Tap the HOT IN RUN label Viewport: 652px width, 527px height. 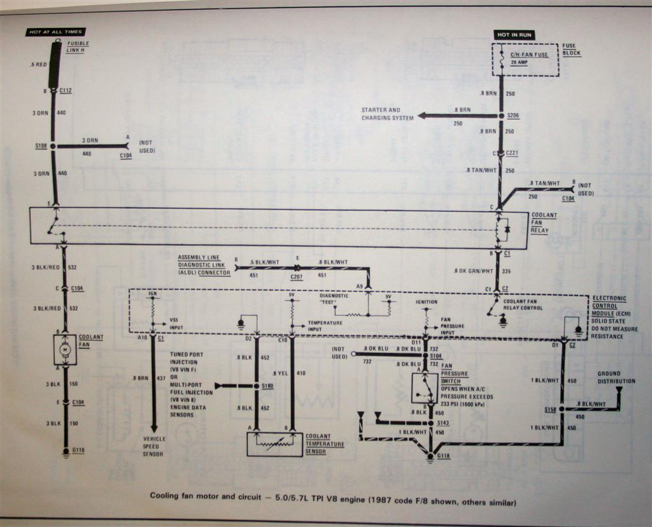pyautogui.click(x=514, y=34)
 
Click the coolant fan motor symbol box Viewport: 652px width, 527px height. pyautogui.click(x=65, y=349)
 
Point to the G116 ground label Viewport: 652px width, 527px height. pyautogui.click(x=78, y=451)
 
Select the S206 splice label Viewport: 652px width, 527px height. pyautogui.click(x=513, y=116)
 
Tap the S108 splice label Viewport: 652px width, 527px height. pyautogui.click(x=42, y=146)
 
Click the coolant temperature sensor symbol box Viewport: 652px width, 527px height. pyautogui.click(x=274, y=444)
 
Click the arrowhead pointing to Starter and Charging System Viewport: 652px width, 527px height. pyautogui.click(x=423, y=116)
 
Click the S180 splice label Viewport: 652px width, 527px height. pyautogui.click(x=268, y=386)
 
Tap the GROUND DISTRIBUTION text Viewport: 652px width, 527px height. pyautogui.click(x=616, y=377)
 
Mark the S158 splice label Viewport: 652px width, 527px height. pyautogui.click(x=551, y=408)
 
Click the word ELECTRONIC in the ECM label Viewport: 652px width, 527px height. pyautogui.click(x=609, y=298)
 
